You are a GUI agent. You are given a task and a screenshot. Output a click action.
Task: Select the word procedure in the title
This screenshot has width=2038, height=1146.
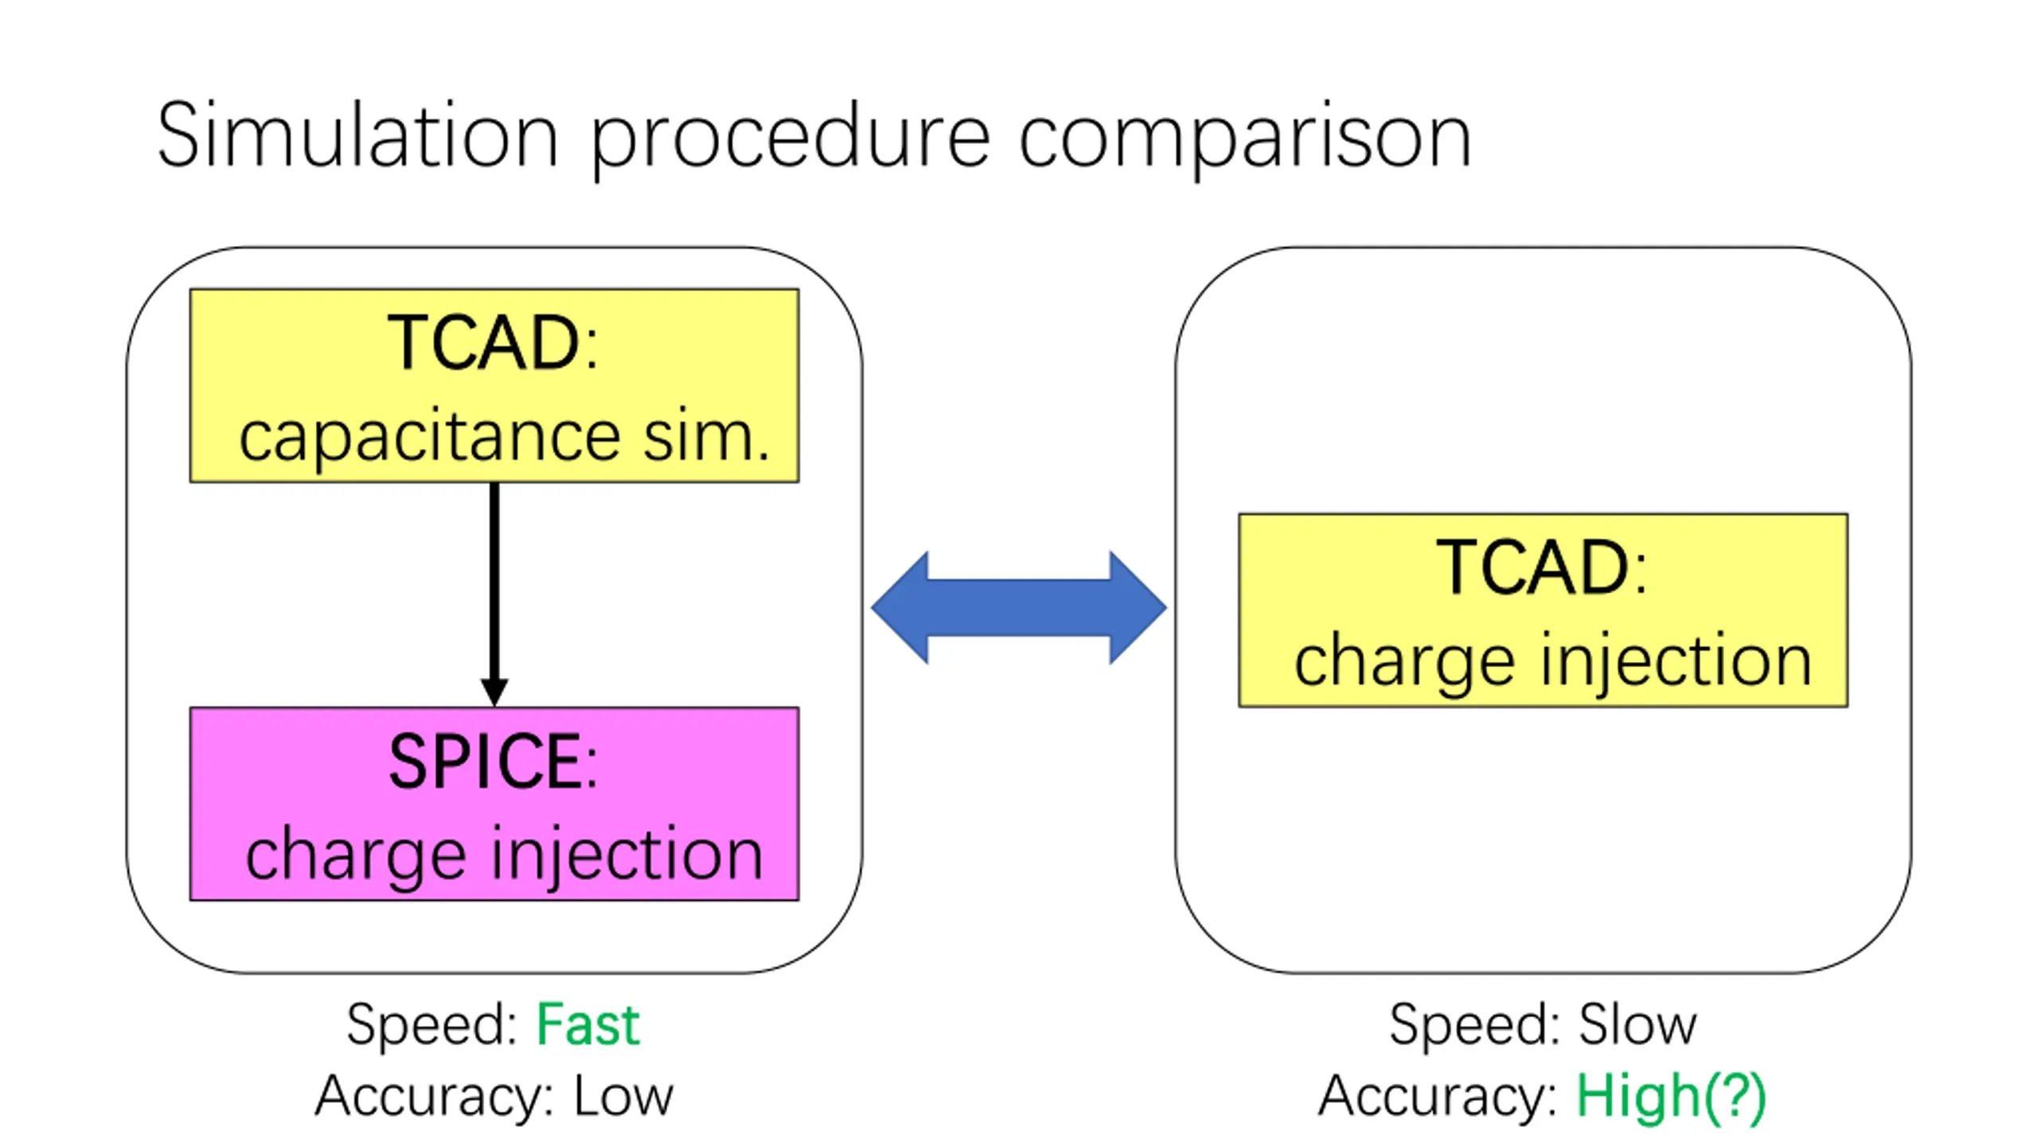pyautogui.click(x=791, y=140)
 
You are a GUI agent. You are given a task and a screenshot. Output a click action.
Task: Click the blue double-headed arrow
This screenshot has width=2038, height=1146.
pyautogui.click(x=1019, y=607)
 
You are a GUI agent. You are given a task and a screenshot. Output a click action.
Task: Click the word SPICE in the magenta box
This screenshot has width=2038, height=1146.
pyautogui.click(x=485, y=762)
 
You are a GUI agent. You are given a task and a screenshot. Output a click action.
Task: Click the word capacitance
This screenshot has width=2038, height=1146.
pyautogui.click(x=430, y=437)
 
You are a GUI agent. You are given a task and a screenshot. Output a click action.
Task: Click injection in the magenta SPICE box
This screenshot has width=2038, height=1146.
pyautogui.click(x=627, y=854)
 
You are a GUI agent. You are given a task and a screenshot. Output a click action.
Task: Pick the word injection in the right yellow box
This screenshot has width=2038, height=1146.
pyautogui.click(x=1676, y=661)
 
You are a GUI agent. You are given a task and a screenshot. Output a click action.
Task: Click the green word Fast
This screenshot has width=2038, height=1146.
pyautogui.click(x=588, y=1024)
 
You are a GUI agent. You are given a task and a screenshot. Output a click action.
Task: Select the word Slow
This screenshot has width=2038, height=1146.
pyautogui.click(x=1638, y=1024)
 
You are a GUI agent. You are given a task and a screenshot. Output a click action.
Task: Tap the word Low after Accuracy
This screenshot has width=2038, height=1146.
pyautogui.click(x=623, y=1096)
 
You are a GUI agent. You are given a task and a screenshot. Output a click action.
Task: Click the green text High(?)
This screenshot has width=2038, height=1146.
pyautogui.click(x=1671, y=1097)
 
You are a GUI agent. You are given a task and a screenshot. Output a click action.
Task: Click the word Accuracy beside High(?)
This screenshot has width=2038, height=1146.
pyautogui.click(x=1430, y=1097)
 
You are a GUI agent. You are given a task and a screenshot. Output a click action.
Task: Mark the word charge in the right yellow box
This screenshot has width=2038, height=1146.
pyautogui.click(x=1404, y=663)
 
